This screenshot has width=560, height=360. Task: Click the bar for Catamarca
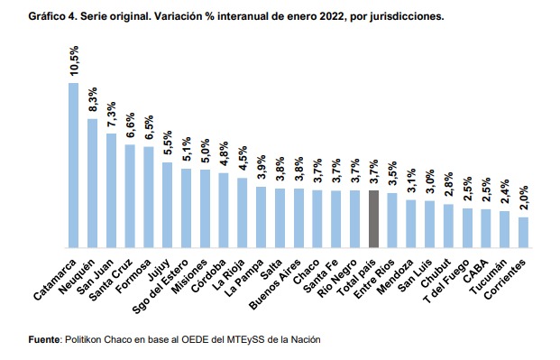click(x=74, y=165)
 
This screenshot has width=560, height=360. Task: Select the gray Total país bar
click(x=373, y=218)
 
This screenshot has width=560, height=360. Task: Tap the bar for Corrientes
click(x=523, y=233)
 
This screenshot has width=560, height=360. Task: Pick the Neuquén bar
click(x=92, y=183)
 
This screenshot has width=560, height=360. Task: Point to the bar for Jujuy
click(x=167, y=205)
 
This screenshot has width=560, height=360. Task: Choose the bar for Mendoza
click(x=410, y=224)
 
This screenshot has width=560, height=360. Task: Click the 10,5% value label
click(x=74, y=60)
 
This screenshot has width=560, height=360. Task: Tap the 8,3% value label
click(x=93, y=99)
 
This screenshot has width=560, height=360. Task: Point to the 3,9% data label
click(x=262, y=167)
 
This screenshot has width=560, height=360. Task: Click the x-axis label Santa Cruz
click(x=112, y=279)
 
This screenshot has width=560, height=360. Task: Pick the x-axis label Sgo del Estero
click(x=161, y=286)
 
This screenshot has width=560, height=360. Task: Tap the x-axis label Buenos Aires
click(x=276, y=284)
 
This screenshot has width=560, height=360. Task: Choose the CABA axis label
click(x=476, y=271)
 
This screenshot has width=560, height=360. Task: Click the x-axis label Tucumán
click(x=489, y=276)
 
